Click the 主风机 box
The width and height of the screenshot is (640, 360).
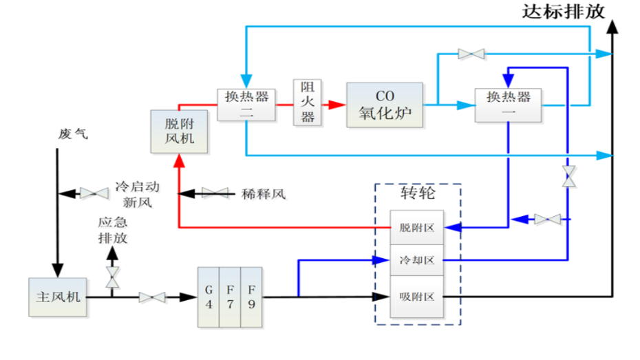[x=58, y=297]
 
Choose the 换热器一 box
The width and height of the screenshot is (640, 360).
[x=508, y=105]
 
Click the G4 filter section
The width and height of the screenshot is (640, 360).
[x=209, y=294]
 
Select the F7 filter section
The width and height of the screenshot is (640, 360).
[x=231, y=294]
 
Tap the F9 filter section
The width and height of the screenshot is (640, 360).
[x=252, y=294]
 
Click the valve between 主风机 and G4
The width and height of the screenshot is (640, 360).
[x=153, y=298]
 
